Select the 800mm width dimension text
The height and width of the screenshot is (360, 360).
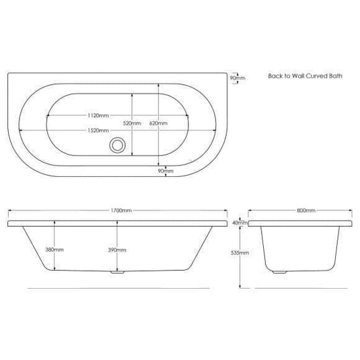[305, 211]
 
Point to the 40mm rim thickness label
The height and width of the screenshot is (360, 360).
[237, 222]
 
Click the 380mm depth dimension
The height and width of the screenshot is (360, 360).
[54, 250]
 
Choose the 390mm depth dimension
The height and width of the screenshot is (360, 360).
[116, 250]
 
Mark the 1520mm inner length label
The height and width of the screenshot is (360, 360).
[98, 130]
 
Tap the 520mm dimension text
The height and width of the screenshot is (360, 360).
[133, 124]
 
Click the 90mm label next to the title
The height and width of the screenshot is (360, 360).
[238, 78]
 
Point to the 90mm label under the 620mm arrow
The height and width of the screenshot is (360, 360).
[166, 172]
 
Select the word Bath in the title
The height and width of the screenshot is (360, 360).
[336, 77]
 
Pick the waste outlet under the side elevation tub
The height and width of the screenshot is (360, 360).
[117, 273]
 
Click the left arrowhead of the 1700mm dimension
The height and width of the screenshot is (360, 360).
[9, 211]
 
